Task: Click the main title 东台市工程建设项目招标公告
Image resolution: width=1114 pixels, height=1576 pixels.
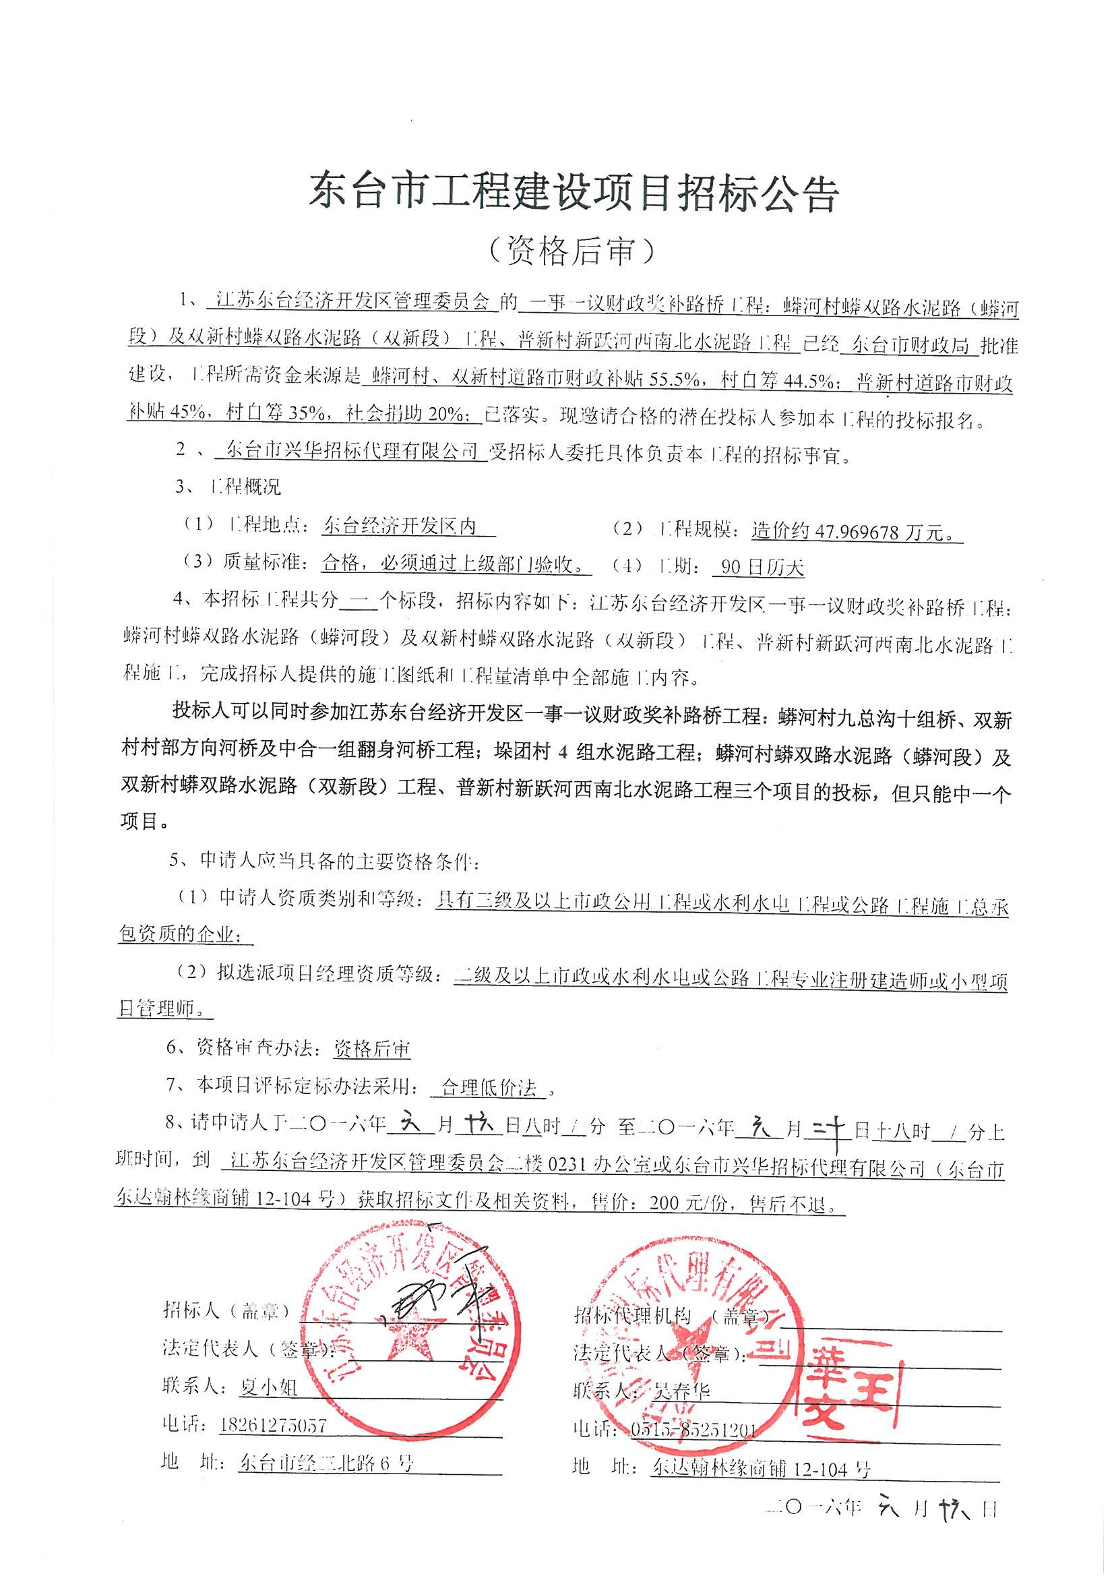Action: [574, 193]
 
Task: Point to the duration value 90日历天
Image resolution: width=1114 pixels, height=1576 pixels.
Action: [757, 567]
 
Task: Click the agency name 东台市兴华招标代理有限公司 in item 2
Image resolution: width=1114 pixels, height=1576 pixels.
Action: [346, 452]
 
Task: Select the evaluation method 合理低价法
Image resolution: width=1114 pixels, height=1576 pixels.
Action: [488, 1087]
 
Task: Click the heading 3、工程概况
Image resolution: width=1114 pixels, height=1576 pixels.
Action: [228, 488]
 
